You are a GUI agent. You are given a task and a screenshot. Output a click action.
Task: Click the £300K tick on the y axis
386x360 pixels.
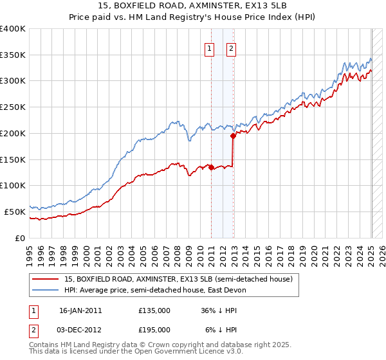[13, 81]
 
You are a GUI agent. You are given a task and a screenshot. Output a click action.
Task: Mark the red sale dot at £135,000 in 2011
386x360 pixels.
[212, 168]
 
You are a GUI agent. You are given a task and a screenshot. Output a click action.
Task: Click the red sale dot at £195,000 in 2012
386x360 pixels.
[233, 136]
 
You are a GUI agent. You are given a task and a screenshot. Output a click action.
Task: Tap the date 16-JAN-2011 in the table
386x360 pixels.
[80, 310]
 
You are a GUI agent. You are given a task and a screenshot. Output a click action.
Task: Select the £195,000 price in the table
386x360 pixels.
[154, 330]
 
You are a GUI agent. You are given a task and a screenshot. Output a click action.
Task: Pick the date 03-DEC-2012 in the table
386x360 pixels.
[80, 330]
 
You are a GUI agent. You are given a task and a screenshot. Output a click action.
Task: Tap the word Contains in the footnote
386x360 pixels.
[45, 345]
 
